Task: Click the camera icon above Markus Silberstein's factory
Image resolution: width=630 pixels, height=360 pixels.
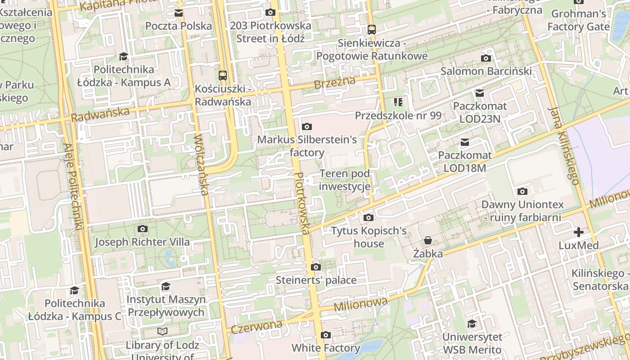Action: click(307, 126)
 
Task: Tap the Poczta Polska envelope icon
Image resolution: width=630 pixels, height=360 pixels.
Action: click(179, 13)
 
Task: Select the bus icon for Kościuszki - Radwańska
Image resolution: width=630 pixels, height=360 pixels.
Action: click(222, 75)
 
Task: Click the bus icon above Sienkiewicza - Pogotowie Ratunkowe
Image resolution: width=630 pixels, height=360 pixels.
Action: click(372, 30)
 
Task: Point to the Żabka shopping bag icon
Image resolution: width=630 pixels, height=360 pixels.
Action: click(427, 241)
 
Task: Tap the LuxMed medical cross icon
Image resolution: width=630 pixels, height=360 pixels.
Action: click(579, 232)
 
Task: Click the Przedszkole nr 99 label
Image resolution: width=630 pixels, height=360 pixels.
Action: click(398, 116)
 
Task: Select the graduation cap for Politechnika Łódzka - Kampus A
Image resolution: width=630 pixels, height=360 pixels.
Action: click(123, 56)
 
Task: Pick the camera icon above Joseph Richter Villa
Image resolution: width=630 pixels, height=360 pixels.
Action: click(143, 229)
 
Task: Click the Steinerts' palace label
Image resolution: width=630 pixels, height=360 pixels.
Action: click(316, 280)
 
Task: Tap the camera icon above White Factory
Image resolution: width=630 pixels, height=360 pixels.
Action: click(326, 335)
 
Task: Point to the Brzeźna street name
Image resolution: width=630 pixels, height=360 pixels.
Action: click(334, 82)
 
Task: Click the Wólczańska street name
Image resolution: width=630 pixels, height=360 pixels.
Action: click(201, 164)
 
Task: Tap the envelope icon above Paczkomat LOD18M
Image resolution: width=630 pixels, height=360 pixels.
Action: click(465, 143)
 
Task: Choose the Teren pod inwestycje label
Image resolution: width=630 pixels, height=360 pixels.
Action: click(345, 180)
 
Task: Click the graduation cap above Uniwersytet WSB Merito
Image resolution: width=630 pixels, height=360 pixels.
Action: click(472, 324)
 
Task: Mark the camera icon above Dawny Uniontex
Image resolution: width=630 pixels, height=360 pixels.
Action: click(522, 192)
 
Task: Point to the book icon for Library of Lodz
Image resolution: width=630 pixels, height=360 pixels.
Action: click(162, 332)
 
